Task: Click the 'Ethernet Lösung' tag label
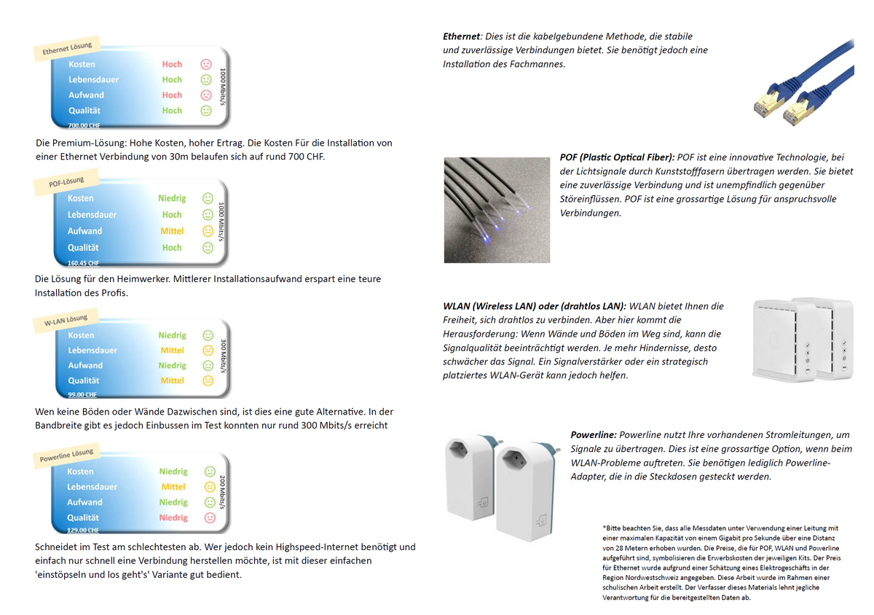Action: (x=67, y=49)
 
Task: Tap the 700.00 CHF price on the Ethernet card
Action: (x=84, y=125)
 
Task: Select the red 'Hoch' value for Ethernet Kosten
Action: (x=172, y=64)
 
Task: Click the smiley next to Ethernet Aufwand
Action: (x=206, y=95)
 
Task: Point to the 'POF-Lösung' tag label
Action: (x=66, y=182)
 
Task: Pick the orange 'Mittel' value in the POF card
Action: (x=172, y=231)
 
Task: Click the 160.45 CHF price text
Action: (x=83, y=263)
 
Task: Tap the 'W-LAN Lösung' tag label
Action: (x=66, y=321)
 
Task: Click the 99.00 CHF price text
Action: (x=82, y=394)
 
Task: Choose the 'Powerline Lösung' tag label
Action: (x=66, y=457)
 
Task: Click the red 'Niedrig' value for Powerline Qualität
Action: (x=173, y=517)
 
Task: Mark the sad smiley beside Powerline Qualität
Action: (x=210, y=517)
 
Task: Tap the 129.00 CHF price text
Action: (x=83, y=530)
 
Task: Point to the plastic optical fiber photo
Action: (x=497, y=209)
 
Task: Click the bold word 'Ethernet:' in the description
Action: (x=460, y=36)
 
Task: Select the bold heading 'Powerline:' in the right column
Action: (x=594, y=434)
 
